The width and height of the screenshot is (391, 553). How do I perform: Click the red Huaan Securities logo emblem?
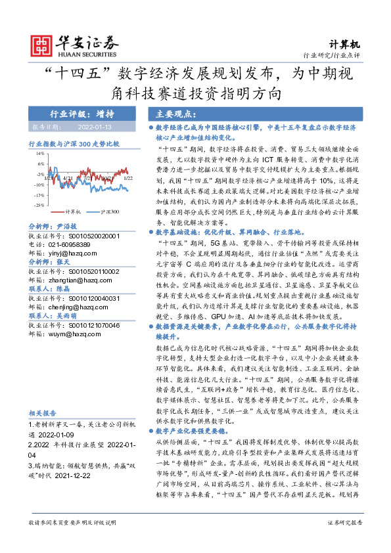43,44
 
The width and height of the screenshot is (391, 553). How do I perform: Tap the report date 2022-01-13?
97,127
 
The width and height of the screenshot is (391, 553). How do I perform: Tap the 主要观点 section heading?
168,112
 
